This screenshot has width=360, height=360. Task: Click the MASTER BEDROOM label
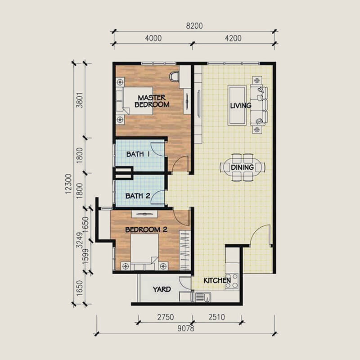click(152, 101)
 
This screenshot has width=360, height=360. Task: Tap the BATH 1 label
click(138, 154)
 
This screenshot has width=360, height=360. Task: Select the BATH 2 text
click(138, 196)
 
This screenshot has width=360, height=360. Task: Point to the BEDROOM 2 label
click(146, 229)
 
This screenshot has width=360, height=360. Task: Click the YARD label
click(162, 289)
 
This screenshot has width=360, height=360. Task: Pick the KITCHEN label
click(217, 280)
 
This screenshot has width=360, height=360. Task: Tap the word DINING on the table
click(242, 167)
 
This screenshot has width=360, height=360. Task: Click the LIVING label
click(241, 106)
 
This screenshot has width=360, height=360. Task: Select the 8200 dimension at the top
click(194, 26)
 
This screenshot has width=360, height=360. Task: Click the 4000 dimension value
click(153, 38)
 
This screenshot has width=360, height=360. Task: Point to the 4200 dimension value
click(233, 38)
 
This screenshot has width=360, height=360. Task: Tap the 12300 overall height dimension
click(68, 184)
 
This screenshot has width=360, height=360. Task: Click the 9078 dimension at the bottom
click(186, 328)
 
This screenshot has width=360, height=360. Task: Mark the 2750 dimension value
click(166, 317)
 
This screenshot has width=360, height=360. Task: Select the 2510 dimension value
click(217, 317)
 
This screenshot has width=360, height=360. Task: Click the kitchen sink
click(203, 297)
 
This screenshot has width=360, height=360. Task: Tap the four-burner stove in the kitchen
click(232, 281)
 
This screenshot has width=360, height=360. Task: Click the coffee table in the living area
click(237, 105)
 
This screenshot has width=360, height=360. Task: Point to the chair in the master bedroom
click(174, 76)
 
